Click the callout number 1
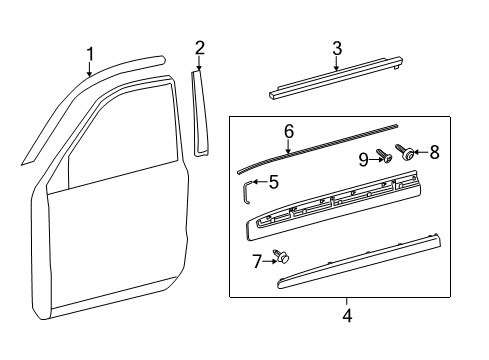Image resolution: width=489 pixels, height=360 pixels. [90, 53]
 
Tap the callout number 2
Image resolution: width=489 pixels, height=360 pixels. [200, 47]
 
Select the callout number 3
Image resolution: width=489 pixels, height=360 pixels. [337, 47]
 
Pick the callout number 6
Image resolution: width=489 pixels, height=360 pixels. [288, 131]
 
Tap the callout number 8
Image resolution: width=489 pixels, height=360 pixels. [433, 153]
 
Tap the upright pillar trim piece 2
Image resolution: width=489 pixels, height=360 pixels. [200, 112]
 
